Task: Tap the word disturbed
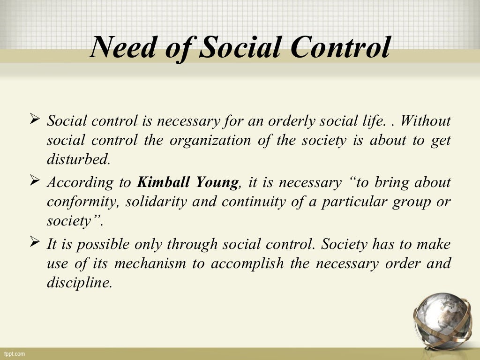click(x=78, y=159)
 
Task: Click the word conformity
click(x=77, y=202)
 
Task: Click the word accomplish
click(x=247, y=263)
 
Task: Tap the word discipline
click(x=79, y=283)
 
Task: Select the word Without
click(x=425, y=121)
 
